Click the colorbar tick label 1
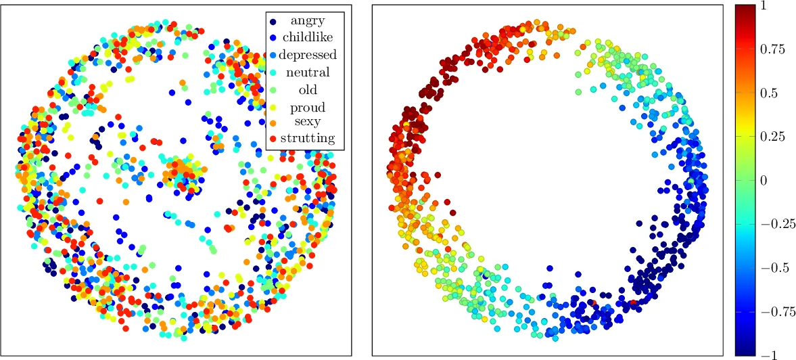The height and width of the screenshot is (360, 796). point(763,6)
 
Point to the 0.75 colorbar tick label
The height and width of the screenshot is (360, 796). point(771,49)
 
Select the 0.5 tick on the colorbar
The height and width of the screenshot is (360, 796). point(768,93)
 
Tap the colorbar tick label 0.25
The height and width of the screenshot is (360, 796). point(771,137)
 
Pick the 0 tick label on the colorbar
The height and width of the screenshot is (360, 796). point(763,181)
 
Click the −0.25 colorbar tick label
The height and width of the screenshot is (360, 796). point(774,224)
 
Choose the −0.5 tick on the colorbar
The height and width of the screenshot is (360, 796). point(772,268)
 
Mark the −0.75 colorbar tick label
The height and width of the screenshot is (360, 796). point(774,311)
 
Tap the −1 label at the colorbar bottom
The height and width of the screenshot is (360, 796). point(767,355)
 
